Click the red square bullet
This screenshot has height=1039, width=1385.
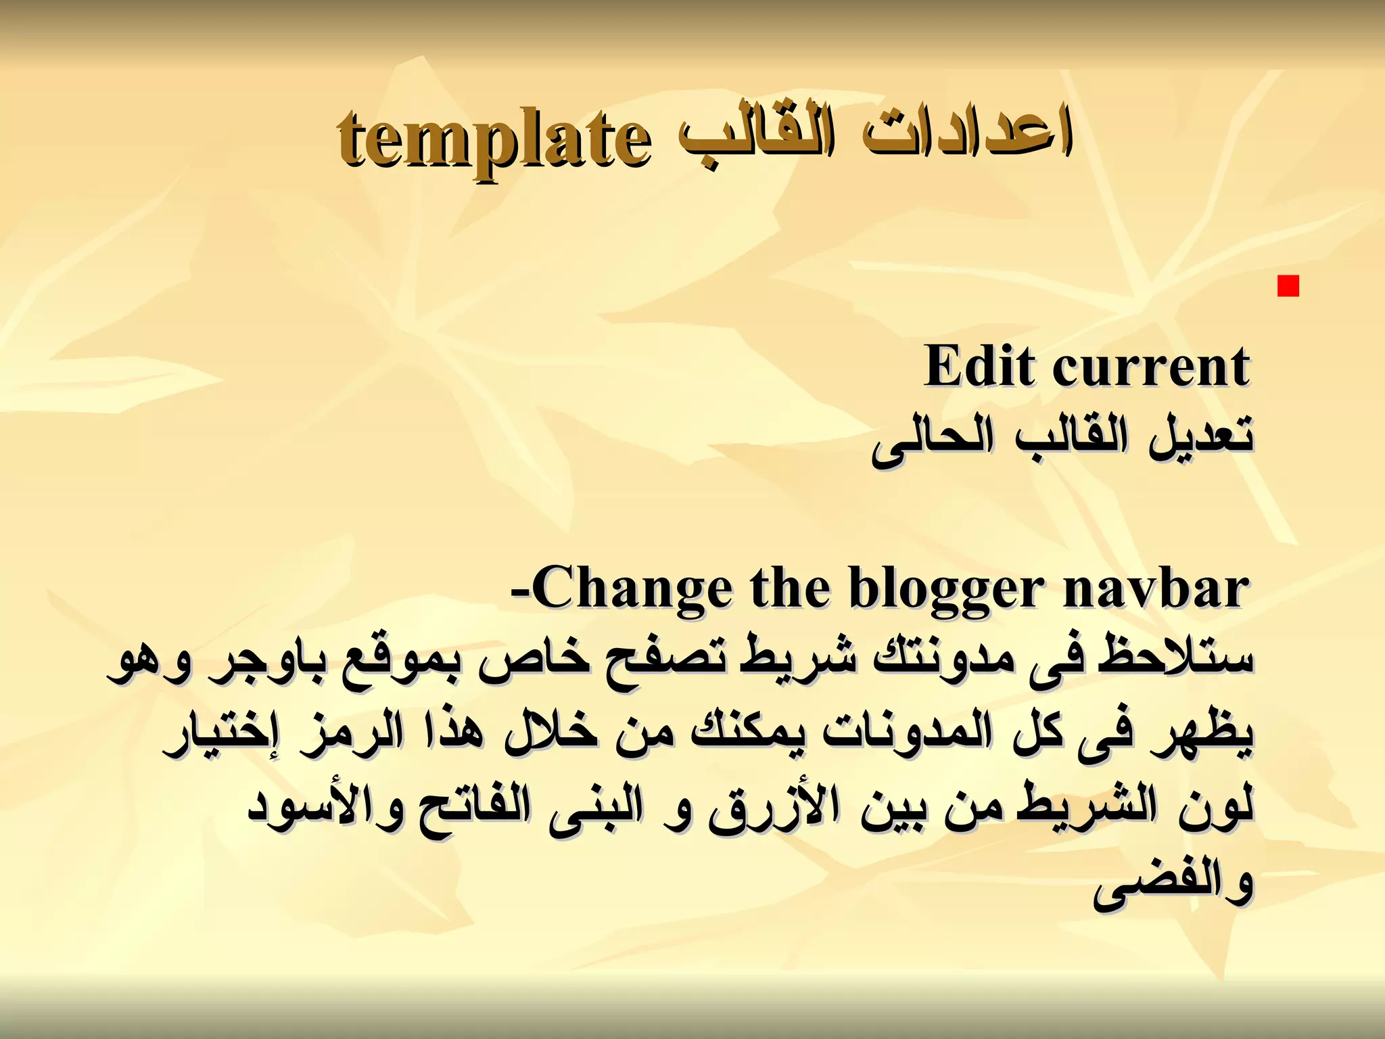[1288, 287]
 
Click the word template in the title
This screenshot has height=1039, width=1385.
[494, 140]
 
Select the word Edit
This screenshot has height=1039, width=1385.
[981, 366]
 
